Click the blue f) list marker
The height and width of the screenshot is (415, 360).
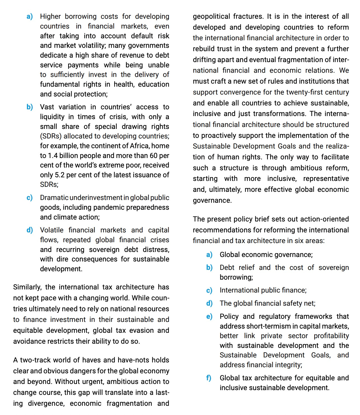(209, 378)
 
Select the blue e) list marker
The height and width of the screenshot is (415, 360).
(209, 316)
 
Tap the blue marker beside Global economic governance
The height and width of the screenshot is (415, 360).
(209, 254)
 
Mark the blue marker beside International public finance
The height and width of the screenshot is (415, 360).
(209, 290)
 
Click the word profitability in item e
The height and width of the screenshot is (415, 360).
(331, 336)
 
